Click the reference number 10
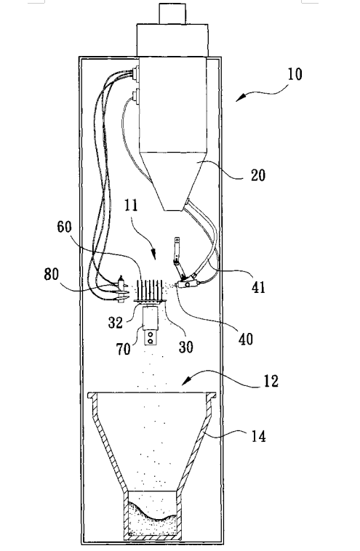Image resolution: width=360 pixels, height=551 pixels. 295,74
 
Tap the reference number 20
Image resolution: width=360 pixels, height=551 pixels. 258,175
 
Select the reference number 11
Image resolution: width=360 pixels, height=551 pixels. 131,205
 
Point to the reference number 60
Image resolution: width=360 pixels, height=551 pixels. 64,227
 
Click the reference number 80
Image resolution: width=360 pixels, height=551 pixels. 52,274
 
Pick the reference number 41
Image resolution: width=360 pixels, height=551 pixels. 258,287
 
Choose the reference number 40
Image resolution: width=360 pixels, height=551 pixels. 246,339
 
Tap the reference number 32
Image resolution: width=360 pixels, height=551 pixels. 116,322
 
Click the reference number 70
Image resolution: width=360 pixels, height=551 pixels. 124,349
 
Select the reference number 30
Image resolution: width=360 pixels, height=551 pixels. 186,347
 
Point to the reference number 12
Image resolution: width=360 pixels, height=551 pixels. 271,382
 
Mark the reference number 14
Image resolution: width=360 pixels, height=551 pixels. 258,437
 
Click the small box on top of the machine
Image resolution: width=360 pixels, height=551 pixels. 172,14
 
